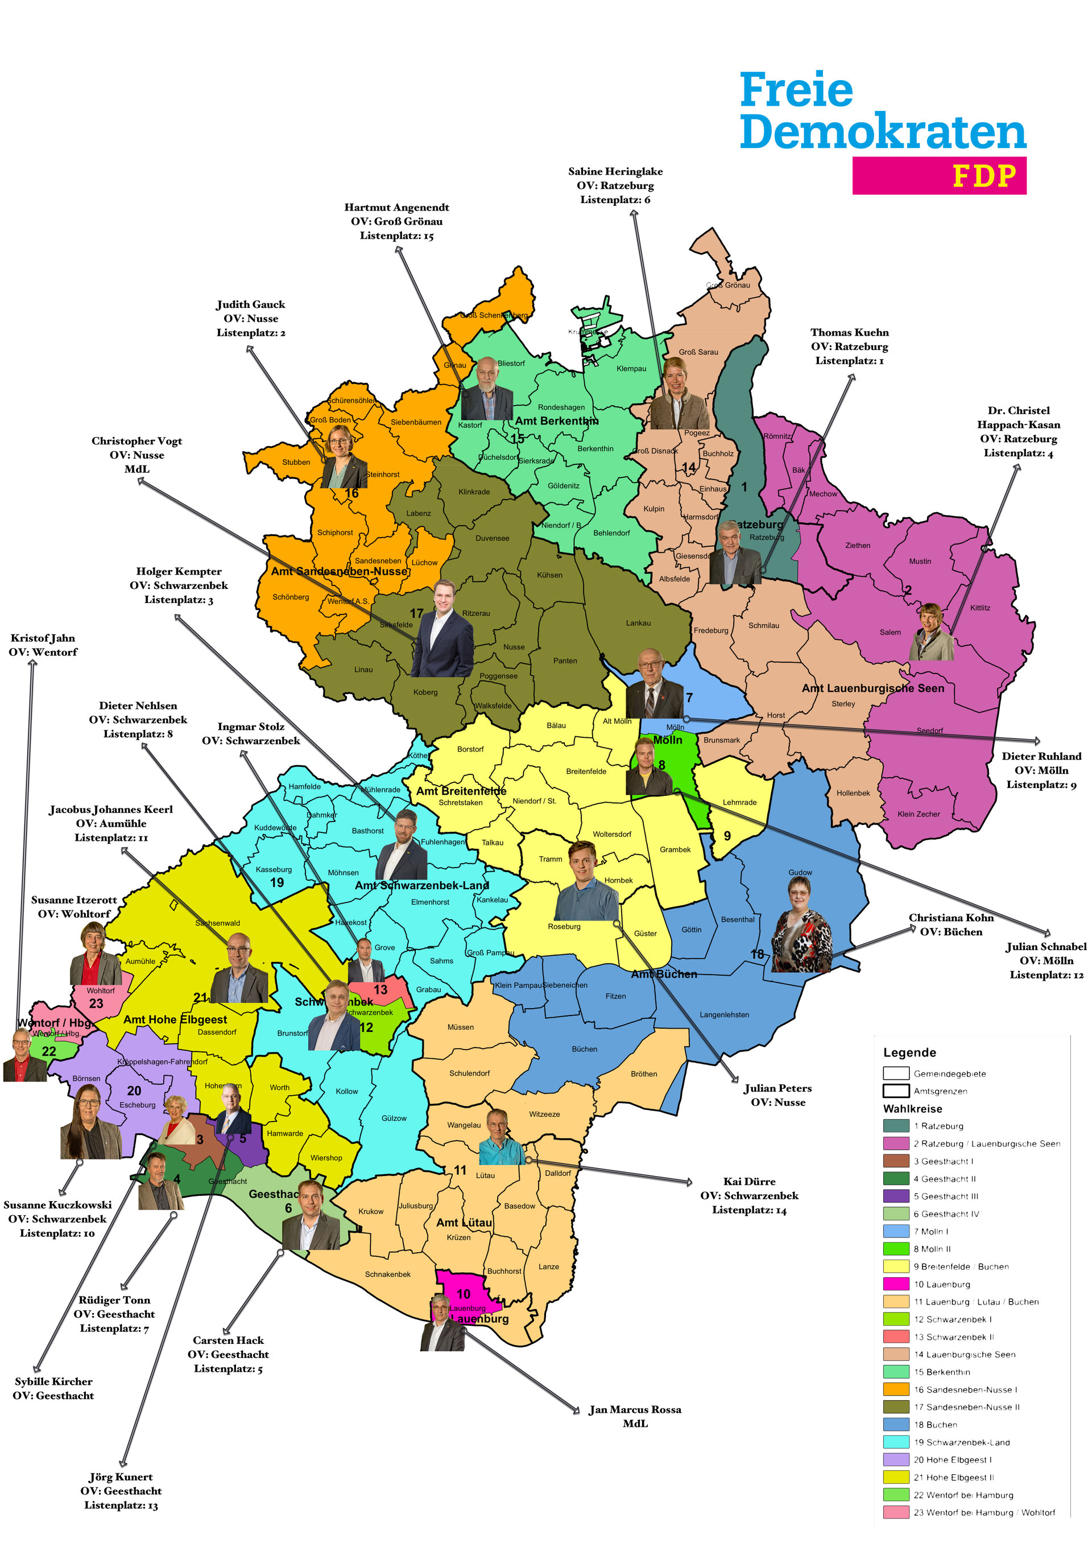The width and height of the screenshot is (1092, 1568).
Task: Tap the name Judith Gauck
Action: (x=250, y=304)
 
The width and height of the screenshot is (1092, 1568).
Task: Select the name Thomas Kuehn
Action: (x=849, y=333)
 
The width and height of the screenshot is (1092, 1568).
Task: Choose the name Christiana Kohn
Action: (x=951, y=918)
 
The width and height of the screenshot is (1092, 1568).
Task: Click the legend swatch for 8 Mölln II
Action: (x=895, y=1248)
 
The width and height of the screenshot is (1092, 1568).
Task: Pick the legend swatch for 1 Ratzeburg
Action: (x=895, y=1125)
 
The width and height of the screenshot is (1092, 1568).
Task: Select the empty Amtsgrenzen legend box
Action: (x=895, y=1091)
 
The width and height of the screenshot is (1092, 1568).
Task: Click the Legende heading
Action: (x=909, y=1053)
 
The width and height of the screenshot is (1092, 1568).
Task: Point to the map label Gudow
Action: (x=800, y=873)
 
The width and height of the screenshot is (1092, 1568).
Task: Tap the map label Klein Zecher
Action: (x=918, y=814)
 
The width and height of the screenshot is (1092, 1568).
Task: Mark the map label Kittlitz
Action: (x=979, y=608)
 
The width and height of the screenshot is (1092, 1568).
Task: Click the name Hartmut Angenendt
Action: (x=396, y=208)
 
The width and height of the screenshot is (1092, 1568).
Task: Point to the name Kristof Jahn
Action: (x=42, y=638)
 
